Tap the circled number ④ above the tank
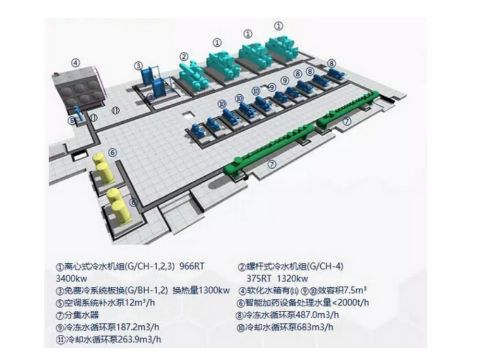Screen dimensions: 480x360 75,63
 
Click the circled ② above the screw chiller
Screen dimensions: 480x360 184,56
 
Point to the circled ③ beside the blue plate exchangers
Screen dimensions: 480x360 138,65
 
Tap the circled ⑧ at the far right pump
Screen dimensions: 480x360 332,63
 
